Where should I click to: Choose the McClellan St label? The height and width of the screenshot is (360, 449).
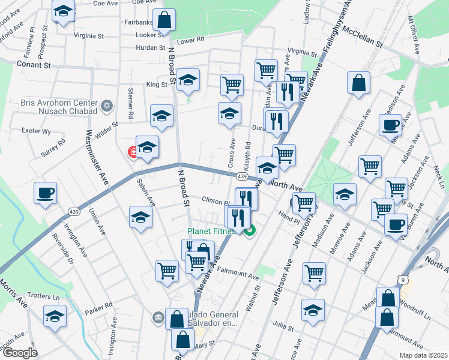pyautogui.click(x=362, y=37)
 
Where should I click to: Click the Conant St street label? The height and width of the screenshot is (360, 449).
pyautogui.click(x=34, y=64)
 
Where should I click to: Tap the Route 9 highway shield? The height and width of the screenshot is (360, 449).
pyautogui.click(x=405, y=280)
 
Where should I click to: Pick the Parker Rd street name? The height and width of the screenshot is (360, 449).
pyautogui.click(x=99, y=307)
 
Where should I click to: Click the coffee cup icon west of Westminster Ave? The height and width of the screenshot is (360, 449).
pyautogui.click(x=45, y=193)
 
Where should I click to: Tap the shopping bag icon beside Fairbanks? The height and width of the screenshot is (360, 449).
pyautogui.click(x=164, y=20)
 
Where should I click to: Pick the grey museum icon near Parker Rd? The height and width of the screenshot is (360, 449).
pyautogui.click(x=158, y=317)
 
